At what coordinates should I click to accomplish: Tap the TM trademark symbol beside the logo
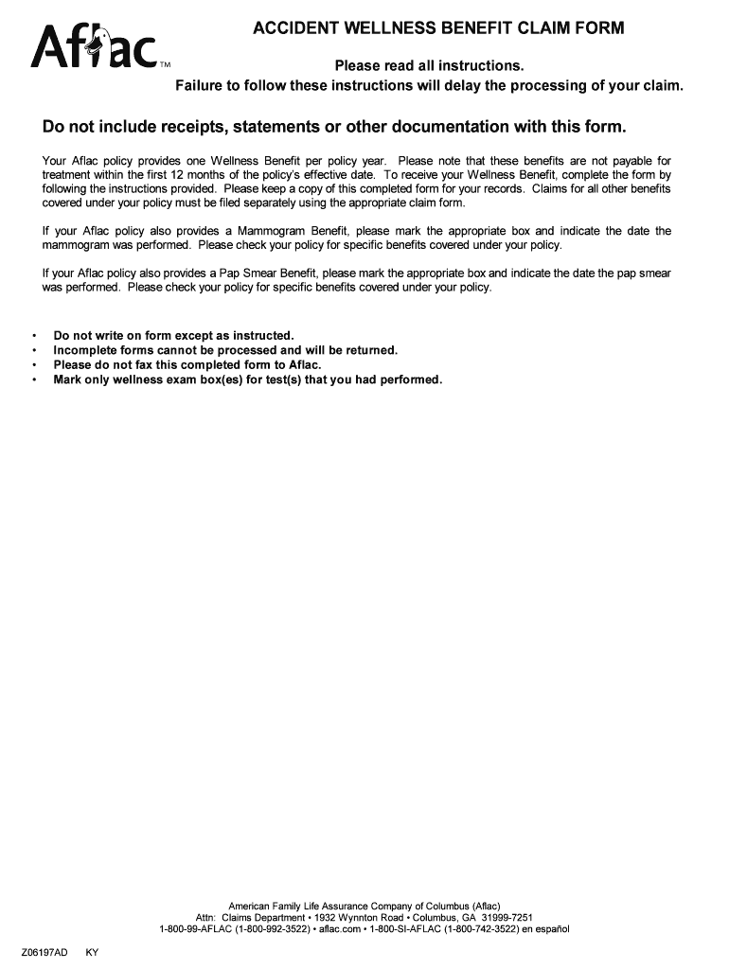[165, 65]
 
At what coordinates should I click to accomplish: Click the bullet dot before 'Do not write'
[34, 336]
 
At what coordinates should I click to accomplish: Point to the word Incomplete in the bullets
[86, 350]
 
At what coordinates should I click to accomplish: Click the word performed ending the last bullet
[410, 379]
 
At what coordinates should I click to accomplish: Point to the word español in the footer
[548, 929]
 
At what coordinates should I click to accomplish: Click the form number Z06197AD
[44, 952]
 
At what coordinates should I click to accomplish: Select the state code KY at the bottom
[92, 952]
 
